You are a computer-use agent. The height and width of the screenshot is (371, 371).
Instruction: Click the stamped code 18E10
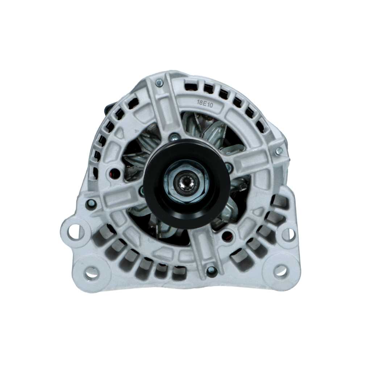[204, 103]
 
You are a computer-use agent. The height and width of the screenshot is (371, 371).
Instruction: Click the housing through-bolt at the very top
[159, 83]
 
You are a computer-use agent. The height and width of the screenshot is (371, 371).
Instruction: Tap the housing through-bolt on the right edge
[279, 151]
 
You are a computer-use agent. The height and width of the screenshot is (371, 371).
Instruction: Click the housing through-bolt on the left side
[91, 204]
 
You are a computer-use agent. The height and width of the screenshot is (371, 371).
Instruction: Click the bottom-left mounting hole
[92, 272]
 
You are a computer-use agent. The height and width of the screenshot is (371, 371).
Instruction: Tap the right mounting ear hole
[288, 234]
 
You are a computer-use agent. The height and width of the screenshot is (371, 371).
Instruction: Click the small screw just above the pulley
[174, 137]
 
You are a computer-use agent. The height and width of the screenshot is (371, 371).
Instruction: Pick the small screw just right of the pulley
[228, 167]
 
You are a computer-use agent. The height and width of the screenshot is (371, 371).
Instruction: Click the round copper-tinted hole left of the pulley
[115, 173]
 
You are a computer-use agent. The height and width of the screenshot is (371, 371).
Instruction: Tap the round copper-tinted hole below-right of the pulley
[227, 236]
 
